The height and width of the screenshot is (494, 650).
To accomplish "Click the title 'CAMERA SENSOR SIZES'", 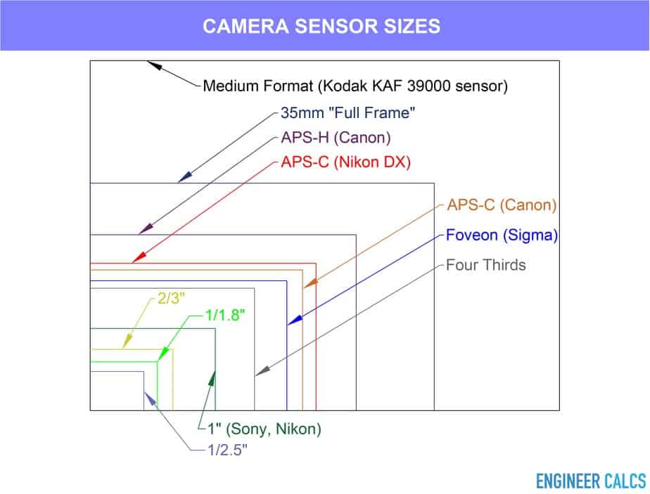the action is tap(321, 26).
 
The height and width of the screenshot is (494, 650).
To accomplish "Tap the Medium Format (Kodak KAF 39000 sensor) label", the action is tap(355, 86).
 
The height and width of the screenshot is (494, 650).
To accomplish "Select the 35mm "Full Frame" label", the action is tap(348, 112).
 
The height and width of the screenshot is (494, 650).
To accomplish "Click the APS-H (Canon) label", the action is tap(336, 138).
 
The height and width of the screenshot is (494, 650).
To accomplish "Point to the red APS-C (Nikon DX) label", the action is tap(345, 162).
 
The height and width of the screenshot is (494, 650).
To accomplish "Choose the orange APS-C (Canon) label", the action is tap(502, 205).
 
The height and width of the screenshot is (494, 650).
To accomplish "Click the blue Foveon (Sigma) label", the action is tap(502, 235).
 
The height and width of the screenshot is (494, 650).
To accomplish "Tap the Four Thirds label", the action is tap(486, 265).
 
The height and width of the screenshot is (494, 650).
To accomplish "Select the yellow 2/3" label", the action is tap(171, 298).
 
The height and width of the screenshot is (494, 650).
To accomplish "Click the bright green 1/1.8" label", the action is tap(226, 316).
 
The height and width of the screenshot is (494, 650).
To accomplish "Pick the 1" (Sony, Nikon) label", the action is tap(265, 429).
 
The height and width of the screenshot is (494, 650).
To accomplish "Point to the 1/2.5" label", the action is tap(228, 450).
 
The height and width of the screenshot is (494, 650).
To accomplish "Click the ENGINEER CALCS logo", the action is tap(591, 481).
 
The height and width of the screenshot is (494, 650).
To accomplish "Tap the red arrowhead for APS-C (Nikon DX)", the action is tap(139, 258).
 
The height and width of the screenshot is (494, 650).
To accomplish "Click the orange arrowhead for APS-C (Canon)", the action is tap(310, 282).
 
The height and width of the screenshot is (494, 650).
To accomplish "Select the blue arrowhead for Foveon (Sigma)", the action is tap(295, 320).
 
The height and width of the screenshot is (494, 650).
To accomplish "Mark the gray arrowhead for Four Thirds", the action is tap(262, 370).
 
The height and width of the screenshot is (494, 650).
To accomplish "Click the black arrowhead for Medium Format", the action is tap(154, 65).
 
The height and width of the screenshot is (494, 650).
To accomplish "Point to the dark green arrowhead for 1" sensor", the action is tap(212, 379).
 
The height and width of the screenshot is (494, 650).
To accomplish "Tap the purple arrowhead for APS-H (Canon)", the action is tap(146, 228).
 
